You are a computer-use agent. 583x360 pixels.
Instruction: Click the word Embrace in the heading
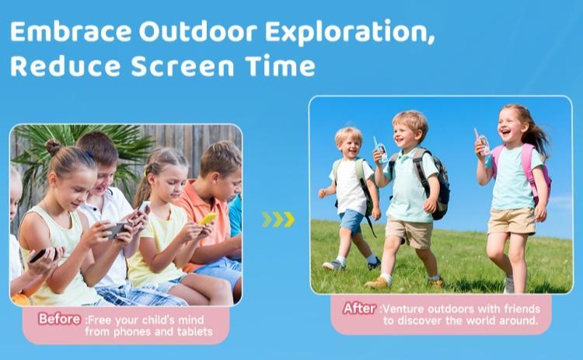click(69, 33)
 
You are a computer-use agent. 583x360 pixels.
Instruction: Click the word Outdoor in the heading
click(199, 33)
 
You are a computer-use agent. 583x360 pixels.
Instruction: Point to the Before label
click(60, 319)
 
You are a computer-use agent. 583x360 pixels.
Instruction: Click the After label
click(360, 308)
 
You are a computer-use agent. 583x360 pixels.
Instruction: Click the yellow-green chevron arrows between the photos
click(278, 219)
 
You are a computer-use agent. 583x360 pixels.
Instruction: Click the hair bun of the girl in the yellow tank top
click(53, 146)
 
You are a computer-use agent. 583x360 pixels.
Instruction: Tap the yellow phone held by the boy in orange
click(208, 219)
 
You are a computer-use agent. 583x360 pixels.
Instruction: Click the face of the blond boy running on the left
click(348, 145)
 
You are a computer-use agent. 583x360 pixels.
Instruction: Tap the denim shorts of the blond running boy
click(351, 220)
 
